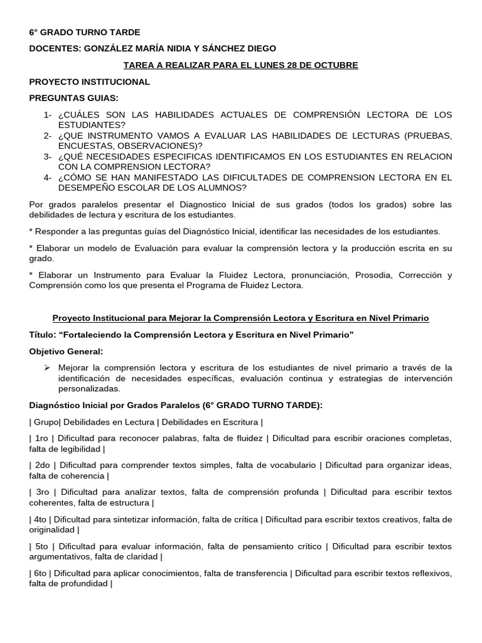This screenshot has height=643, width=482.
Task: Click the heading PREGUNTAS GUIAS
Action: click(x=73, y=98)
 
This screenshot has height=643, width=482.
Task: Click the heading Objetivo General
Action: click(x=66, y=351)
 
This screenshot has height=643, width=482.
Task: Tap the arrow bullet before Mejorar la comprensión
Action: click(x=46, y=367)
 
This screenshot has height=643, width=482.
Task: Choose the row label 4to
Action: click(x=41, y=519)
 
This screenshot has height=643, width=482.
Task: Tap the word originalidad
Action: click(x=53, y=530)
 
